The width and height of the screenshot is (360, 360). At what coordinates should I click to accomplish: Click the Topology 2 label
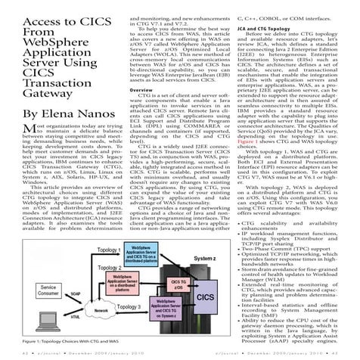point(110,267)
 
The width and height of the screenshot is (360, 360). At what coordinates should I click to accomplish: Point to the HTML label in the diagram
point(76,318)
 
